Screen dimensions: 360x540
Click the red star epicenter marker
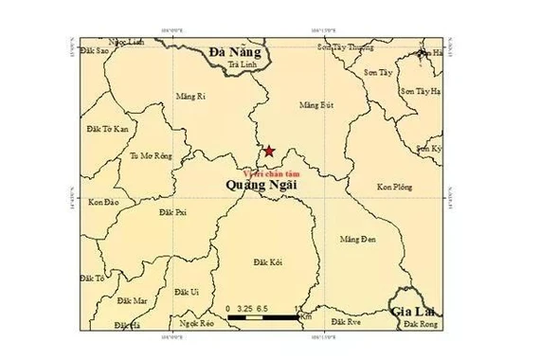270,151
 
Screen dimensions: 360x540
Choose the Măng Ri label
191,97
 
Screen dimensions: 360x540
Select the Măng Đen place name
357,239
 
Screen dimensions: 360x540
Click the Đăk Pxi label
174,213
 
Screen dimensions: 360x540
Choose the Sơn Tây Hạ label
421,91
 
